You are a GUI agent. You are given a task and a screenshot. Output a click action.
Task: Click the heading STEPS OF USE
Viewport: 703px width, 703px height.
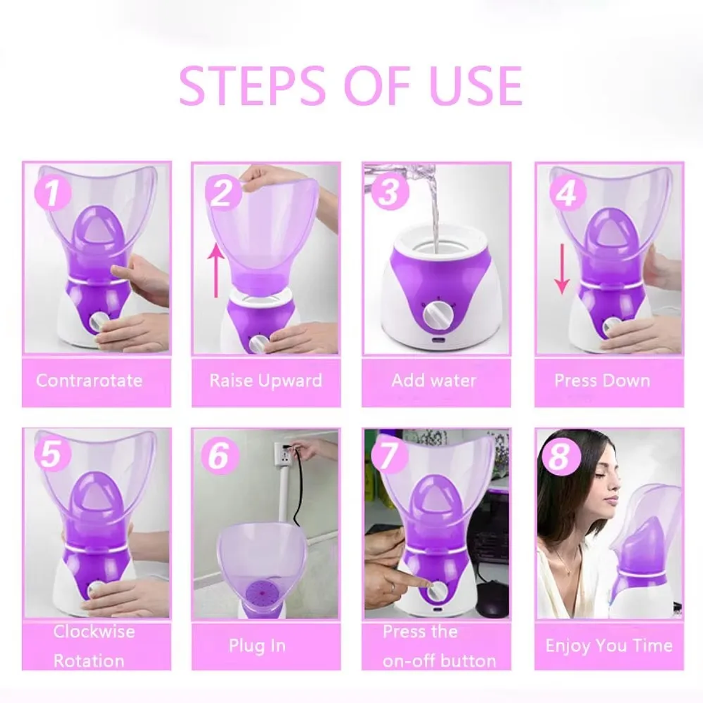coord(350,86)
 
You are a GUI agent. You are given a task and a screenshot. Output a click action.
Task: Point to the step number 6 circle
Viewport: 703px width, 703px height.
coord(218,456)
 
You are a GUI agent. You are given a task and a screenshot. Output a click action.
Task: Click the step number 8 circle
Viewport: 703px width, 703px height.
coord(559,456)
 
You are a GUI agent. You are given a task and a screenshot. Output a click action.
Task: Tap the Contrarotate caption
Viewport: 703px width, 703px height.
coord(89,380)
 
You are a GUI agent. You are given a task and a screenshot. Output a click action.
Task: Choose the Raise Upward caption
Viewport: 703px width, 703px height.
coord(266,380)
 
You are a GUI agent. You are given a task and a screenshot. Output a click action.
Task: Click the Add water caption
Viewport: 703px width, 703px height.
coord(434,380)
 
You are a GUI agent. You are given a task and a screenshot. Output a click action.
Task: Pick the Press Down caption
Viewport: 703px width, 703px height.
coord(602,380)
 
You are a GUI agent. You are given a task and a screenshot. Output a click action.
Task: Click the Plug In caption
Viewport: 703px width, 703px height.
coord(257,646)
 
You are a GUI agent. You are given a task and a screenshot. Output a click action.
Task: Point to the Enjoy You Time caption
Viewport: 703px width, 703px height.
coord(609,646)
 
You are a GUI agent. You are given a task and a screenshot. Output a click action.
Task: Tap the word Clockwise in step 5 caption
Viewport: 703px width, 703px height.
coord(94,631)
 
